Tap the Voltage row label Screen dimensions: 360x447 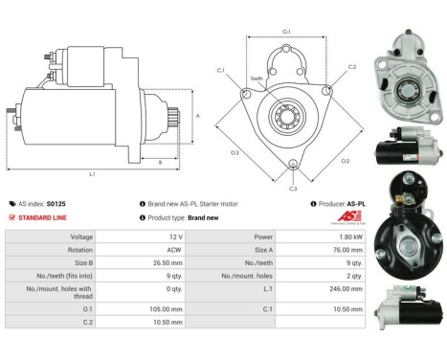tap(81, 236)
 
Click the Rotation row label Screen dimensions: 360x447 tap(80, 250)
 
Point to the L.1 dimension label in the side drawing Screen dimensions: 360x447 tap(92, 174)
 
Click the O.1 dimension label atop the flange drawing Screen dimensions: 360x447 tap(286, 33)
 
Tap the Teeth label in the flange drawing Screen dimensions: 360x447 tap(256, 79)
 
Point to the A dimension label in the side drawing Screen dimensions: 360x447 tap(197, 116)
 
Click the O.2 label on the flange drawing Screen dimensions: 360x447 tap(345, 161)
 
